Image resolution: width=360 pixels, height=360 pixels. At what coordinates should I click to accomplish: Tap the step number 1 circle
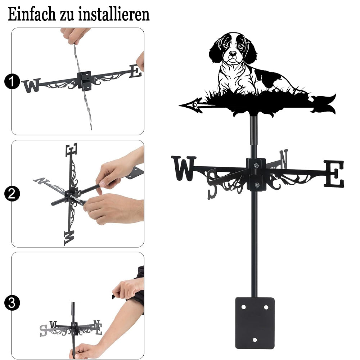point(12,81)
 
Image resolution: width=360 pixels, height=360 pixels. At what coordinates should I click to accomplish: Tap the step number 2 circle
point(12,194)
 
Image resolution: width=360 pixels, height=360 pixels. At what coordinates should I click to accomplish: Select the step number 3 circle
point(12,303)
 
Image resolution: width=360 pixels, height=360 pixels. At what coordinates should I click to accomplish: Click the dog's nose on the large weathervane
point(233,54)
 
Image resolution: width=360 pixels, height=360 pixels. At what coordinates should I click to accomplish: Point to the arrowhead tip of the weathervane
point(179,105)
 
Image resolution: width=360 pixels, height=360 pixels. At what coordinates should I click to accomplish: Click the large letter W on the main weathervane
point(184,168)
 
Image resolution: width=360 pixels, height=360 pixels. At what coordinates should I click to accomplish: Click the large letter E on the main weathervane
point(334,174)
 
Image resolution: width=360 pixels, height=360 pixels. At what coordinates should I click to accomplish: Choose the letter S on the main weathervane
point(212,184)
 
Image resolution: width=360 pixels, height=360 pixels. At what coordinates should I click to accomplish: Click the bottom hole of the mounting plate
point(255,340)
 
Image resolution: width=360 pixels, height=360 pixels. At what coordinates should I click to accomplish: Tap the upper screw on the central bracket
point(256,165)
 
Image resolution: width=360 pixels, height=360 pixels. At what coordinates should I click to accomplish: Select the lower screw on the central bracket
point(257,185)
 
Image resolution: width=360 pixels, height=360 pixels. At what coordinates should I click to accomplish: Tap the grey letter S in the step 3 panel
point(43,330)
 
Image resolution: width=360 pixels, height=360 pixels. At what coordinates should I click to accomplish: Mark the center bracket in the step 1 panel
point(85,80)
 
